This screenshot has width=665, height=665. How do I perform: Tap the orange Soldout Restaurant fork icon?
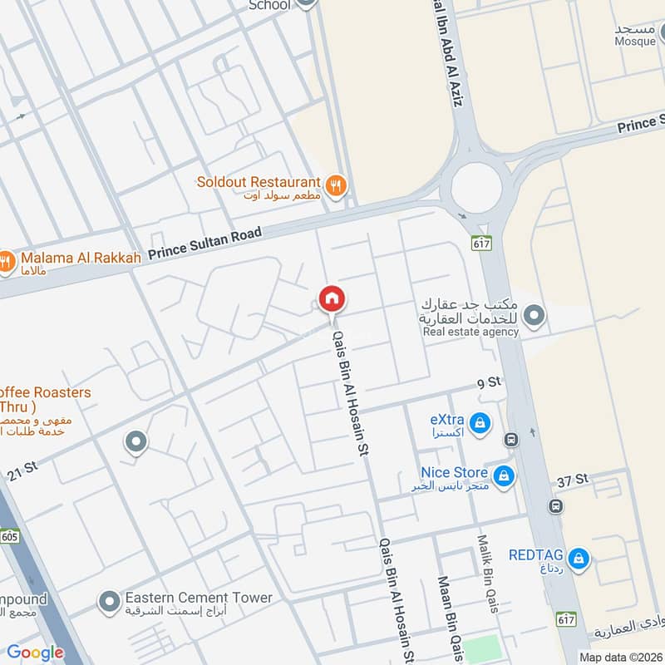336,186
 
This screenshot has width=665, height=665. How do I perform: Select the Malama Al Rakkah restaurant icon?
7,262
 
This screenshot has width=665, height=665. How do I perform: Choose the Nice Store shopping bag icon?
502,476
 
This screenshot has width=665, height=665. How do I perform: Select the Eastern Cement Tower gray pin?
108,601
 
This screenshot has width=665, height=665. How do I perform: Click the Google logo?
35,653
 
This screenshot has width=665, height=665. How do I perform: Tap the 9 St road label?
490,382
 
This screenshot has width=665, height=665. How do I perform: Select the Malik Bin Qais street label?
488,574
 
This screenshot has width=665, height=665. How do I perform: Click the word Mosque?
636,41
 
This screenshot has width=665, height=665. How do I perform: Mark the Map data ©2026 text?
619,657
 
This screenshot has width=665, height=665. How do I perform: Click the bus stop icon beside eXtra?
511,438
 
